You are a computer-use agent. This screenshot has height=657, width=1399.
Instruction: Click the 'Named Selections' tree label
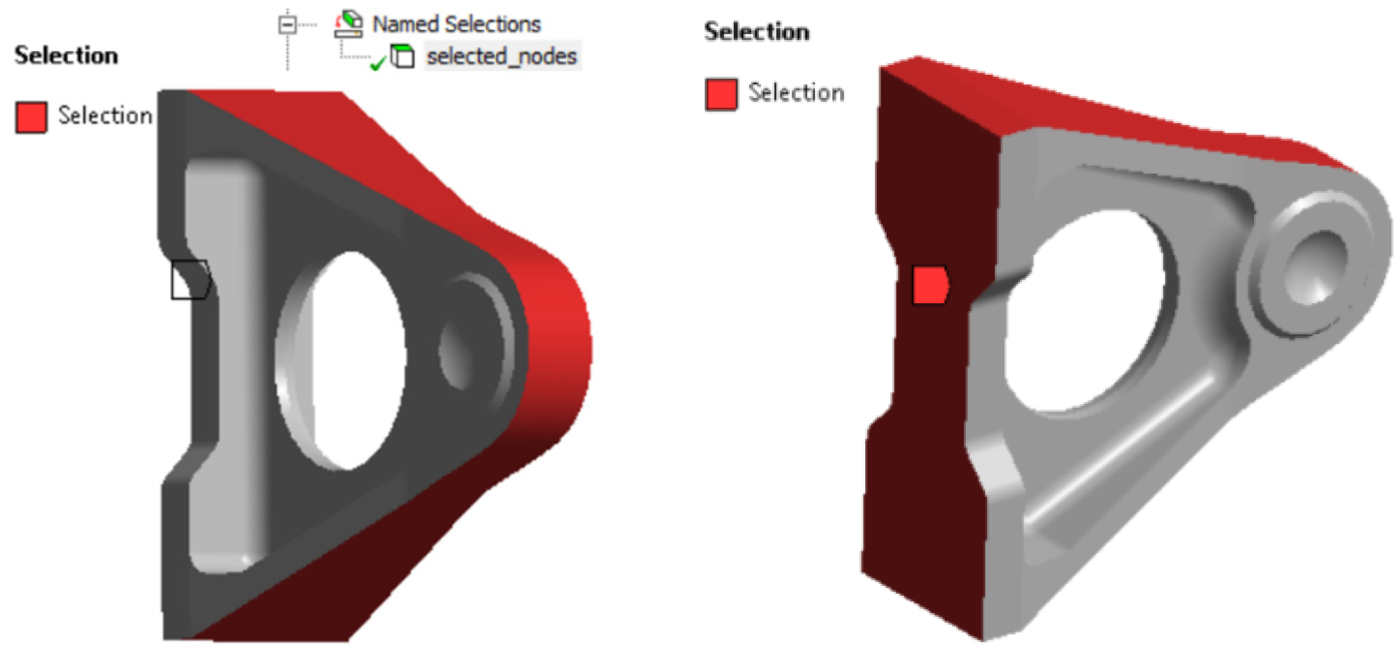point(456,25)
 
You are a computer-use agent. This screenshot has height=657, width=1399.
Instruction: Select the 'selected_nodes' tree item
point(501,57)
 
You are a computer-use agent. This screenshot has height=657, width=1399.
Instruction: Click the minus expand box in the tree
point(288,25)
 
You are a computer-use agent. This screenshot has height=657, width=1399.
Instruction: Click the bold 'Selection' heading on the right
point(757,32)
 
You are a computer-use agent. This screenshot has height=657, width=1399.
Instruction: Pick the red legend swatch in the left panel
point(31,117)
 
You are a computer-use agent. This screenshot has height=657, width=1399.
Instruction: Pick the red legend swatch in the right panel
point(721,94)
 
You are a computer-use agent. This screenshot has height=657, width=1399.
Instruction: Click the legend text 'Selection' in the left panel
point(105,116)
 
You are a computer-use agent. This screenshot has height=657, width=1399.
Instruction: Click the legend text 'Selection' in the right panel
point(796,93)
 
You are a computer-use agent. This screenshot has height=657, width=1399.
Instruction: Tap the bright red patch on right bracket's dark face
point(930,285)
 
